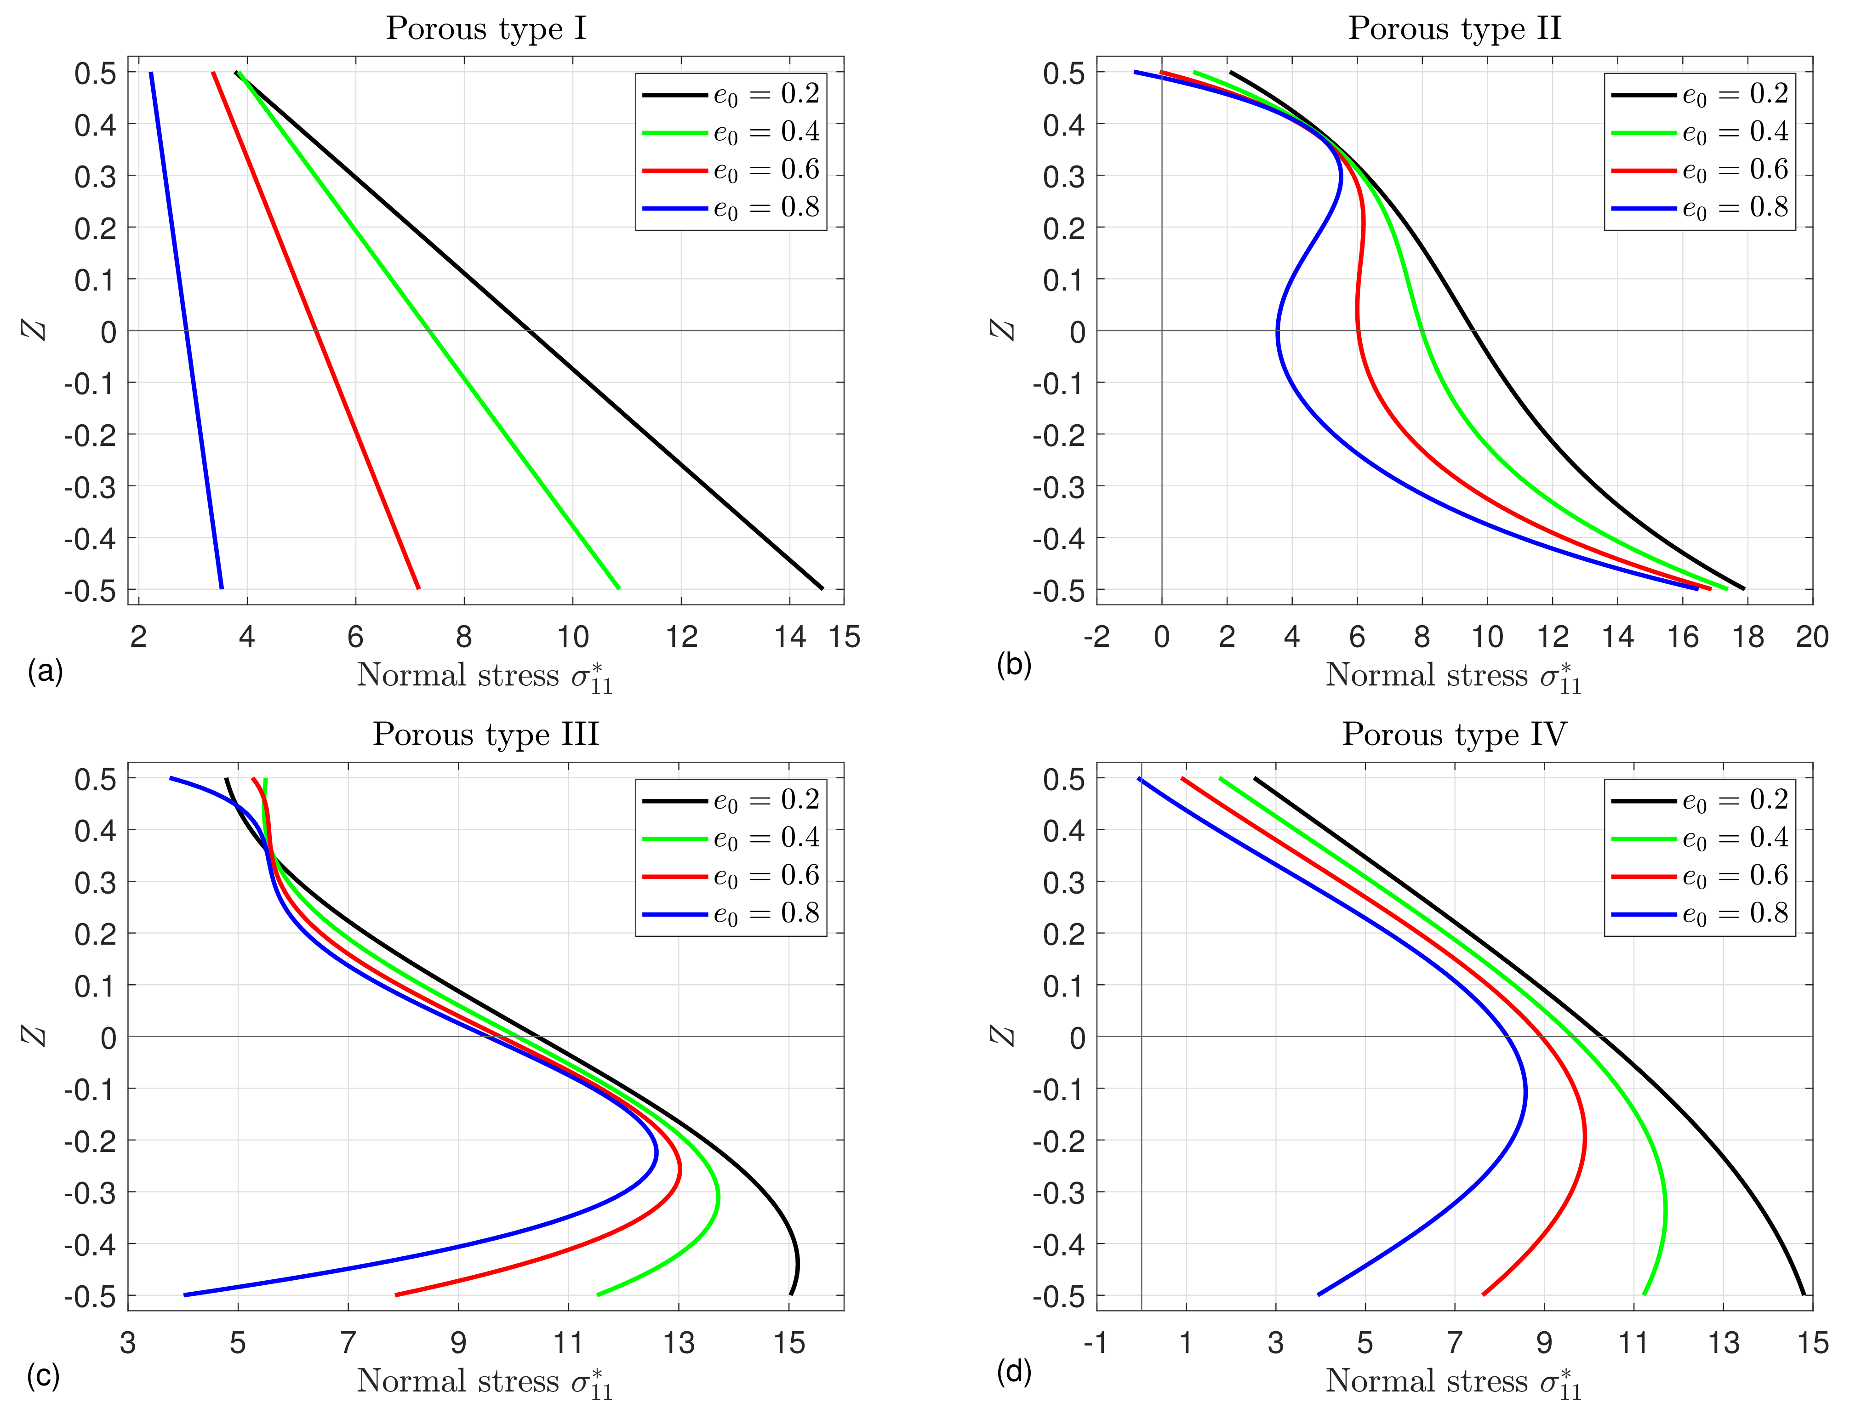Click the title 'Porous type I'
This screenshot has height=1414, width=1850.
pyautogui.click(x=485, y=29)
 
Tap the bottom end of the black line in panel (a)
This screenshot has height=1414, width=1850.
pyautogui.click(x=822, y=588)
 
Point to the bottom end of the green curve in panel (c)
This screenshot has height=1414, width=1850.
pyautogui.click(x=598, y=1294)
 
